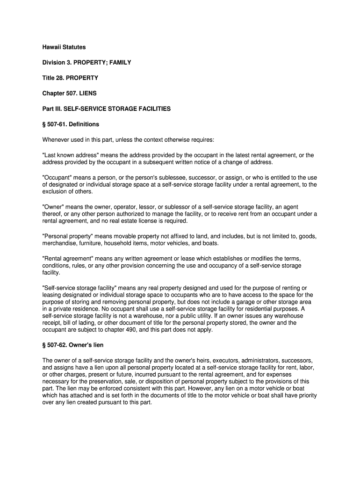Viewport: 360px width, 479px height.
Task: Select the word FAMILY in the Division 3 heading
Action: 118,63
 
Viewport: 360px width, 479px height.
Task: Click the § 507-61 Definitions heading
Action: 71,124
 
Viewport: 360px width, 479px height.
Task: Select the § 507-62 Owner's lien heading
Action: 73,345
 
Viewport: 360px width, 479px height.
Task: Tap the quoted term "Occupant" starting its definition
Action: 57,178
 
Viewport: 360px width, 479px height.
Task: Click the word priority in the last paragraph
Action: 306,395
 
